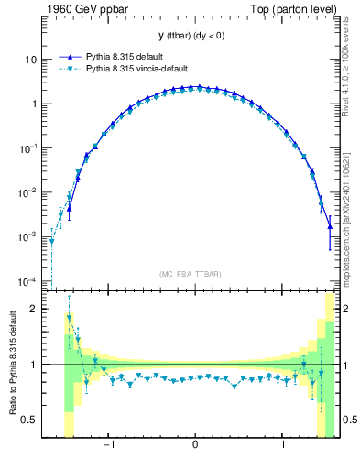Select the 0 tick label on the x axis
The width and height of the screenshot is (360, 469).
pyautogui.click(x=195, y=446)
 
